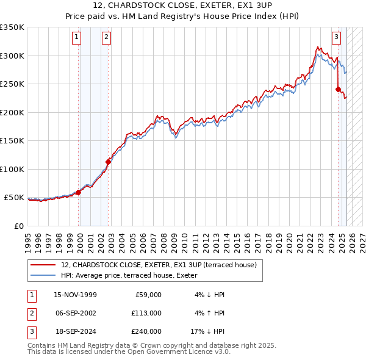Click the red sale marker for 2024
point(338,89)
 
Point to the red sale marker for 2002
point(109,162)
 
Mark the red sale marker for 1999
point(79,192)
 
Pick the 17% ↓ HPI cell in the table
point(208,331)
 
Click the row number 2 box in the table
point(31,313)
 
